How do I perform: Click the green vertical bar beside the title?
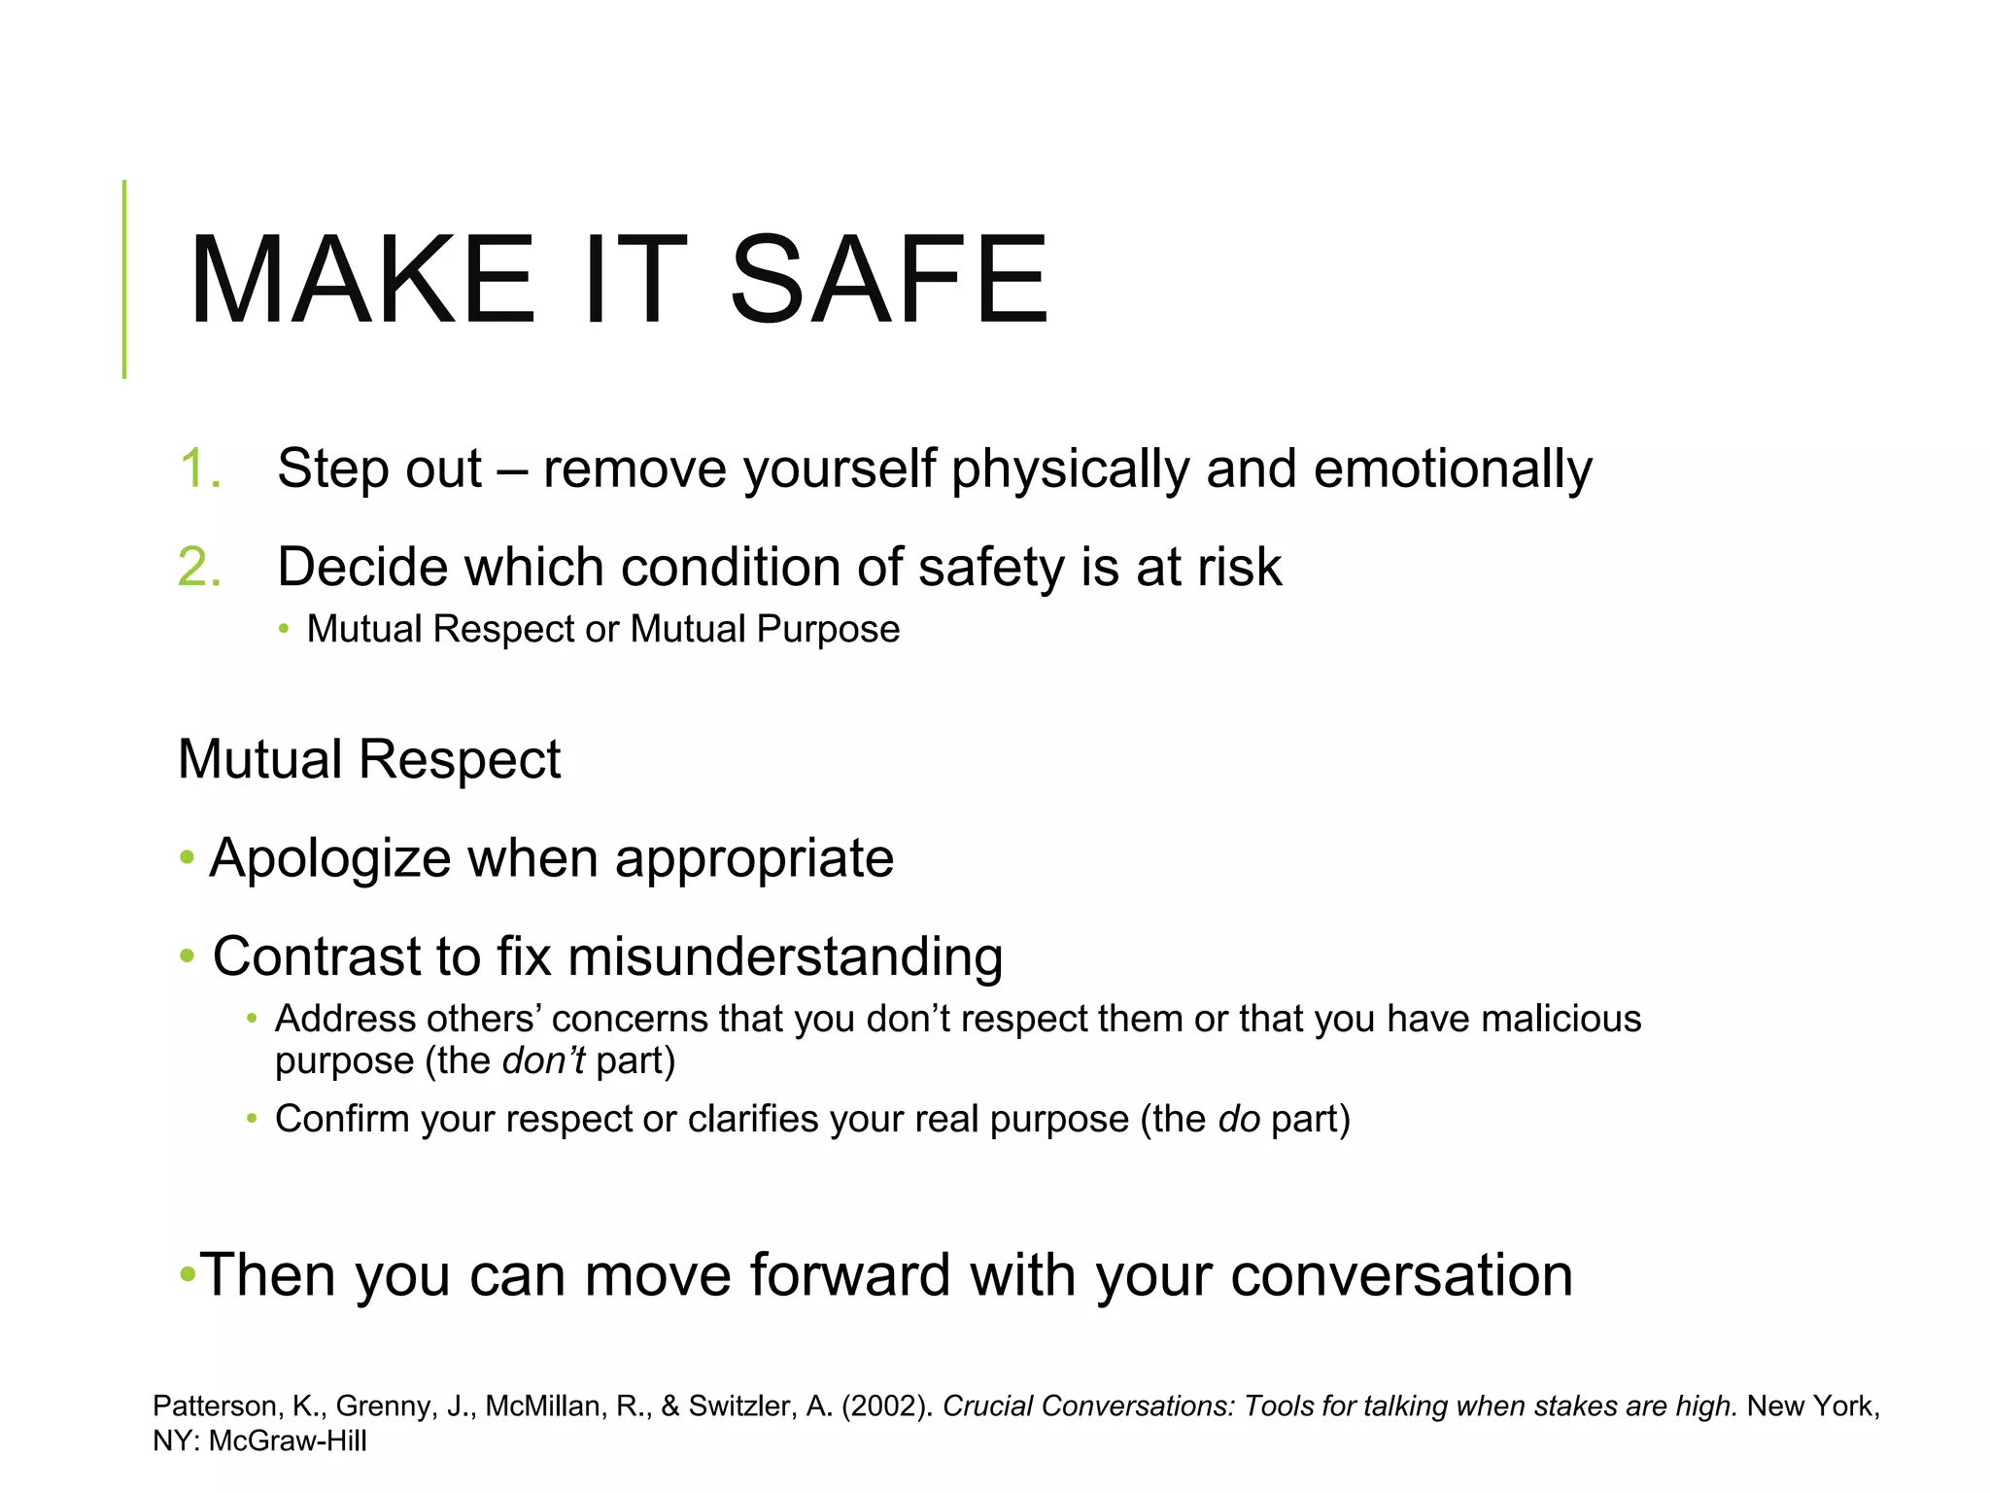tap(124, 280)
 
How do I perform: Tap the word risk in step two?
tap(1239, 567)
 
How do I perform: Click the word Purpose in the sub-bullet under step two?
tap(828, 630)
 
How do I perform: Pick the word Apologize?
tap(330, 859)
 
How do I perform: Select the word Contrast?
tap(316, 956)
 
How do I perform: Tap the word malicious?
tap(1561, 1019)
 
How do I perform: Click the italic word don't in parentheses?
tap(543, 1060)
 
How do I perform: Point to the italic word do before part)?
tap(1239, 1119)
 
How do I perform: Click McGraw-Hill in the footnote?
tap(288, 1441)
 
